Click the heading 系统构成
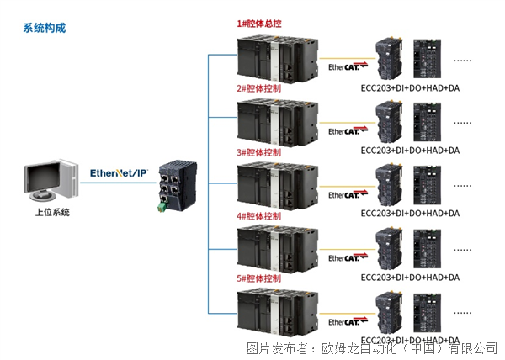(45, 28)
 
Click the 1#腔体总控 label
(259, 24)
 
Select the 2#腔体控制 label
(259, 88)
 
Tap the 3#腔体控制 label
(259, 152)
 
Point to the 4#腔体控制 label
(259, 216)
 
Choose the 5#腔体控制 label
(259, 278)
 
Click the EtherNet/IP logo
(119, 173)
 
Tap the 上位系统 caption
(52, 212)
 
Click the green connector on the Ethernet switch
(162, 207)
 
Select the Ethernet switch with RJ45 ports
(178, 186)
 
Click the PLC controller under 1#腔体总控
(277, 59)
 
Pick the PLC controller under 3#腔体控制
(277, 187)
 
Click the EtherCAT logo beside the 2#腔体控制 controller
(348, 130)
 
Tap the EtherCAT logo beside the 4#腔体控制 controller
(348, 257)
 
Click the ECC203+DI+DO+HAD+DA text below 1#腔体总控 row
(410, 88)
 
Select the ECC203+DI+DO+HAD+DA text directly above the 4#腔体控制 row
(410, 214)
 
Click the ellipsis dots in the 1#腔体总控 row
(462, 61)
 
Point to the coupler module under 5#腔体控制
(389, 313)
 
